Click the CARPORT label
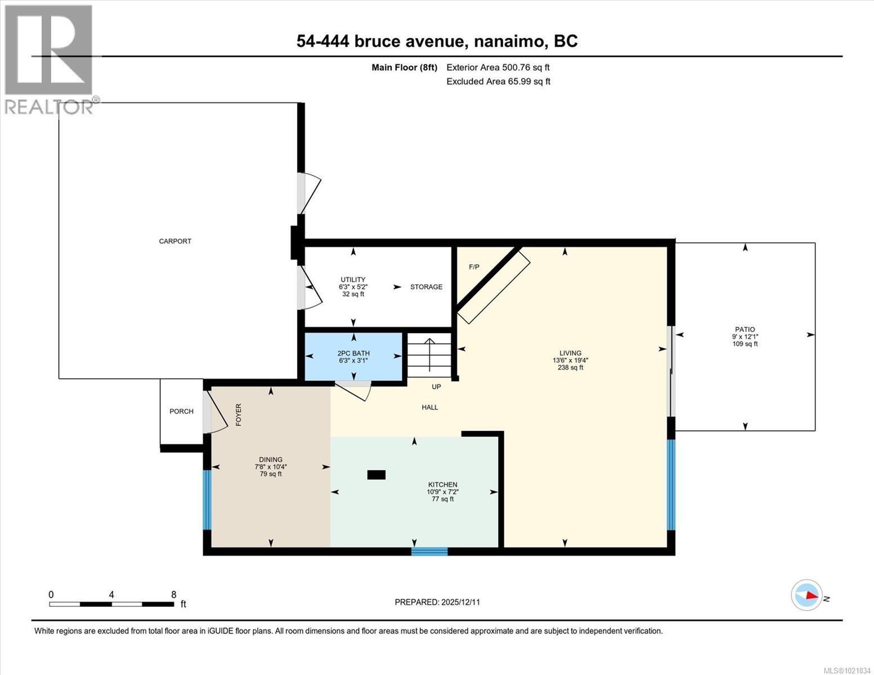click(175, 241)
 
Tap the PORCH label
click(181, 411)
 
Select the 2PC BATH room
click(353, 357)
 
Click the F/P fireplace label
click(474, 267)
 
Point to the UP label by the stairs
click(436, 387)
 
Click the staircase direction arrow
click(429, 354)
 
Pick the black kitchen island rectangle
click(376, 475)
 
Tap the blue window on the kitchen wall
click(429, 551)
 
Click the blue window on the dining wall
click(207, 499)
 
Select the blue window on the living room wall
click(671, 485)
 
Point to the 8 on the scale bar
click(173, 595)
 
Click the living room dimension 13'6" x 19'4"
click(570, 361)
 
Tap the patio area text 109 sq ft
click(745, 344)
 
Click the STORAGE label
click(426, 287)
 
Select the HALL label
click(430, 407)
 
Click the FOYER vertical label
click(238, 415)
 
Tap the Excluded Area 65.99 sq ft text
click(498, 82)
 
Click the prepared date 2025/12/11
click(460, 602)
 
